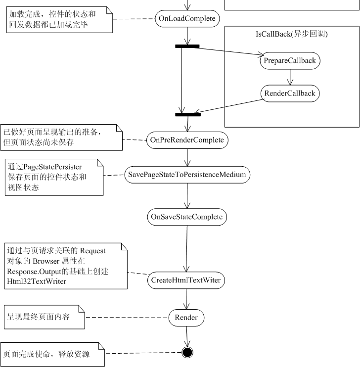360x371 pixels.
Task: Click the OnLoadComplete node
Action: point(187,18)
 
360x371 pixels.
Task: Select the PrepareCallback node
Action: point(290,61)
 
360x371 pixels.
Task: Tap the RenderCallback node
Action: point(290,93)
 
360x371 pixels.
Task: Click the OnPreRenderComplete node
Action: point(187,140)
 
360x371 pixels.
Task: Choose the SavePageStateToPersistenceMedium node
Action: point(187,175)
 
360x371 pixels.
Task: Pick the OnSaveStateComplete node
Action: point(187,217)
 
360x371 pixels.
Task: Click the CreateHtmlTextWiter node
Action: point(186,280)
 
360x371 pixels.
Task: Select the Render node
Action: point(186,318)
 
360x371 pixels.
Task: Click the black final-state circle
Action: point(187,352)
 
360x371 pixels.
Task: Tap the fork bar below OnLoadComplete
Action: point(187,46)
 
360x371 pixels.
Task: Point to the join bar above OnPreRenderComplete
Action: point(188,115)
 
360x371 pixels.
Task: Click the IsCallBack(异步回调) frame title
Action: point(289,34)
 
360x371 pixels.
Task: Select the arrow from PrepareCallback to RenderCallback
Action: point(290,77)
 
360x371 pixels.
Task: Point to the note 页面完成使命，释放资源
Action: point(52,354)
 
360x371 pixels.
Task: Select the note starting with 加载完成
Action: point(56,19)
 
